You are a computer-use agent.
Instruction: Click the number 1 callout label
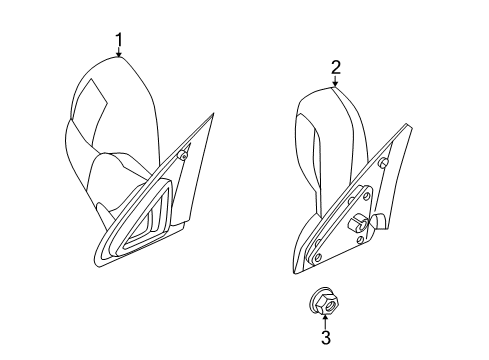120,41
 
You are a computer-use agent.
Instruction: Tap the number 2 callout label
336,67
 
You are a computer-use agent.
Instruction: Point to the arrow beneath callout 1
120,55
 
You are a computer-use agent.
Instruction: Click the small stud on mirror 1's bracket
185,156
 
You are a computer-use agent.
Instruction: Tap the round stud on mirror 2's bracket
385,164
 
